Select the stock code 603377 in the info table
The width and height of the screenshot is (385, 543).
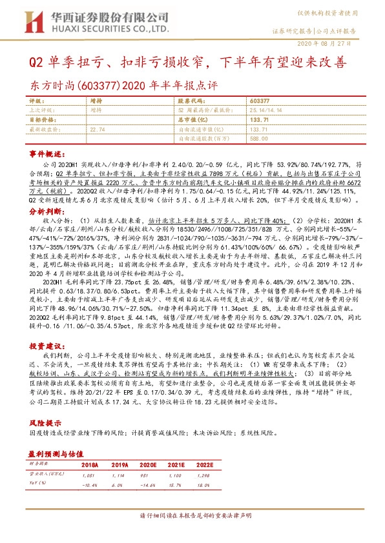(x=259, y=101)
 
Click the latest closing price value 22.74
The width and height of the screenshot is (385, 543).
(x=98, y=129)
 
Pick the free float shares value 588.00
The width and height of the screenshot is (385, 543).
(x=259, y=138)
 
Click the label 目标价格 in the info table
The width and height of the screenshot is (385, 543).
(x=42, y=120)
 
